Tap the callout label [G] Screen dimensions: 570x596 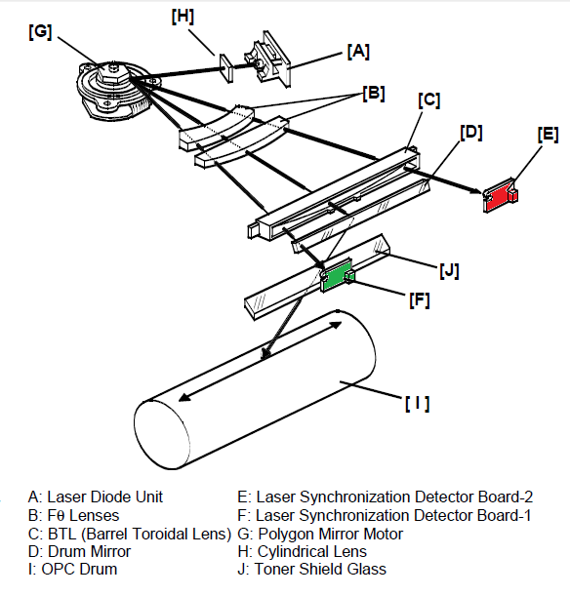[40, 32]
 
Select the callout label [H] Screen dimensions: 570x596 [183, 17]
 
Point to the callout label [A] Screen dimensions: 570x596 [358, 52]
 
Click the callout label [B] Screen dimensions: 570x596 [374, 93]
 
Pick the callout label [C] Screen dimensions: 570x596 [429, 100]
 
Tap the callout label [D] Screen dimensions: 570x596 [471, 133]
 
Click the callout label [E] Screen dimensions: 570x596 [549, 135]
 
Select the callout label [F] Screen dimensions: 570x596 [420, 299]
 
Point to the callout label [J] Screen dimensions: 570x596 [449, 270]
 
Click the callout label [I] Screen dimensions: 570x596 [418, 403]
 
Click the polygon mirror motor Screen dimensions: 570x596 [114, 90]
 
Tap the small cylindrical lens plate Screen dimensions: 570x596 [225, 68]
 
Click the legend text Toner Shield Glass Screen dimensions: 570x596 [320, 569]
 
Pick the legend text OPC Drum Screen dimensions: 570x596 [79, 569]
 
